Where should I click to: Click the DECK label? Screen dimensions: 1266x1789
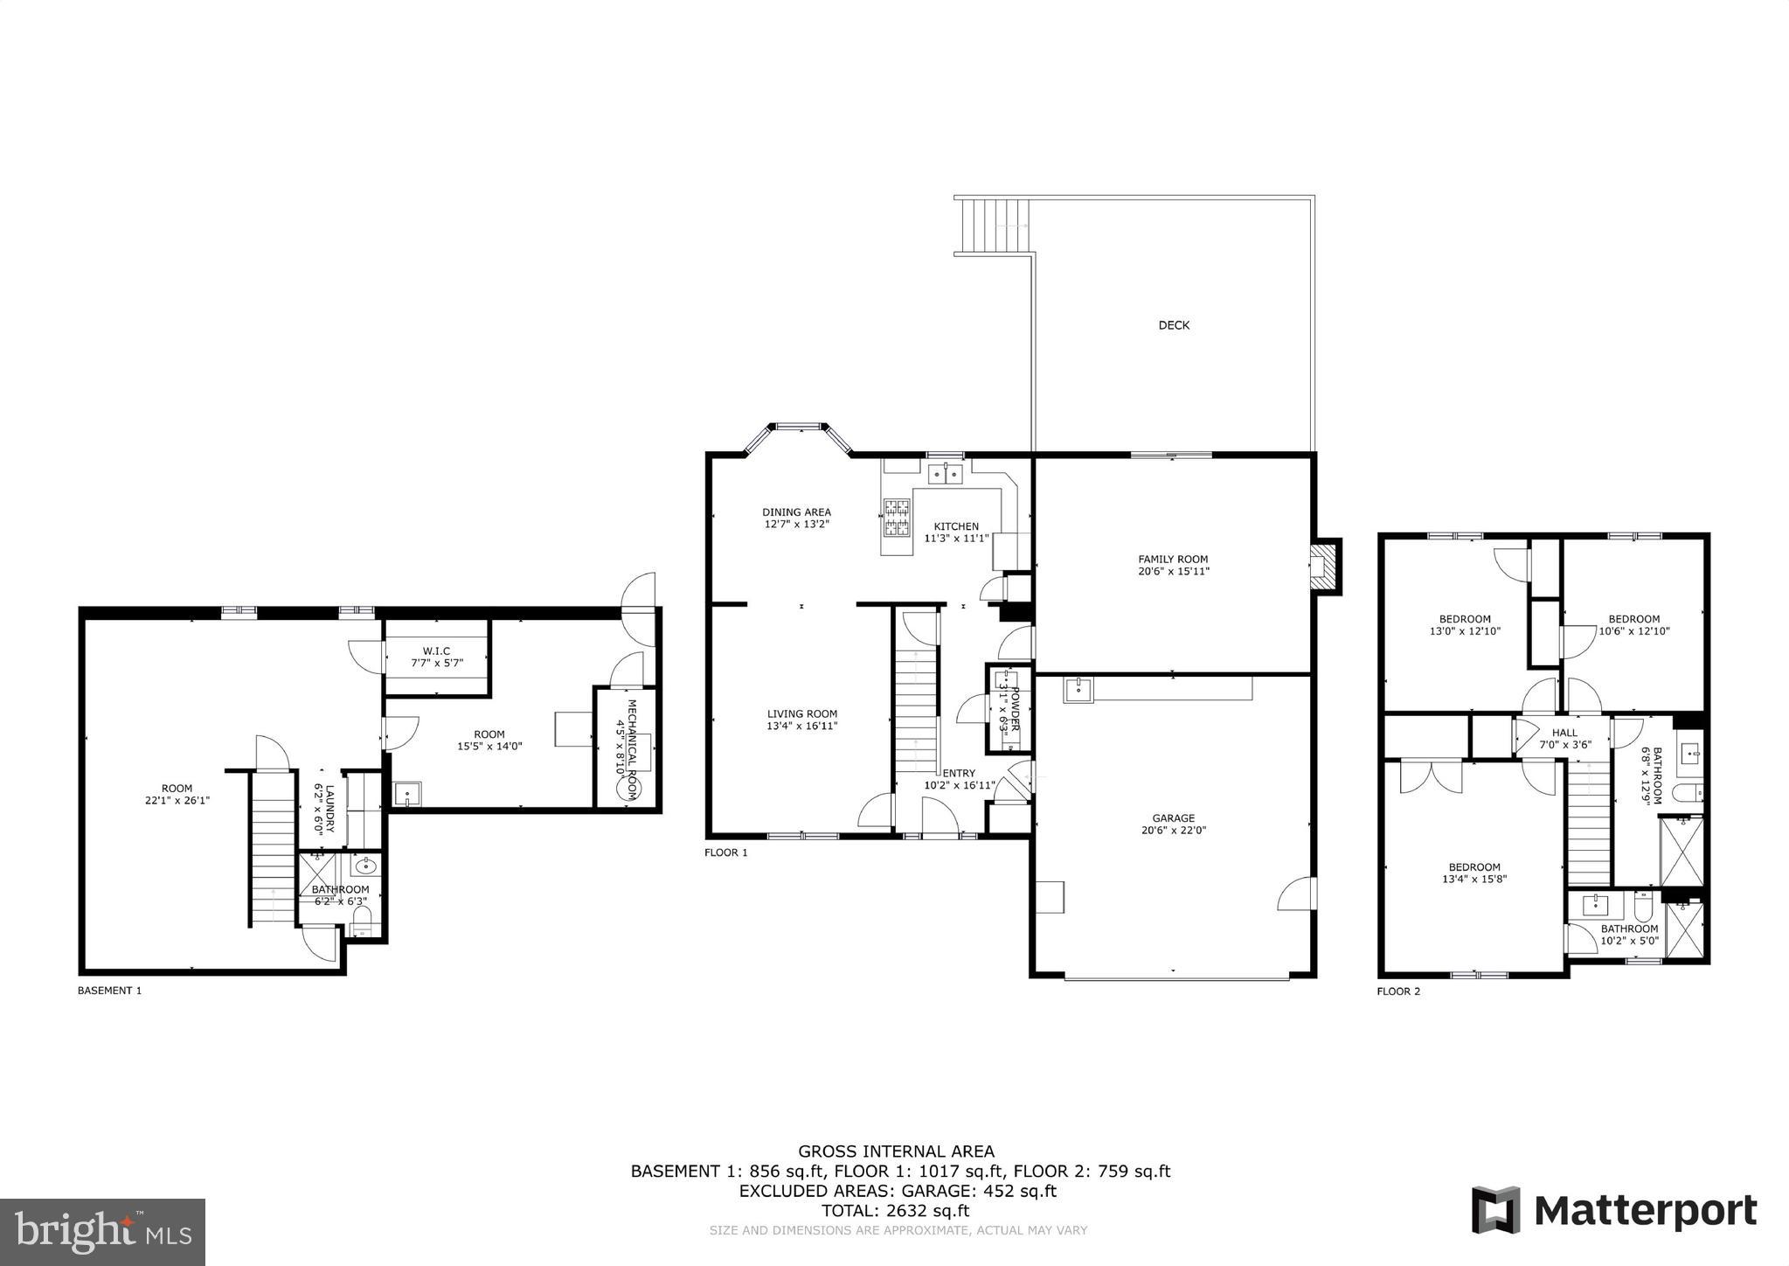(x=1174, y=325)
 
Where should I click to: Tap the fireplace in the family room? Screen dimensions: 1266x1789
(x=1325, y=567)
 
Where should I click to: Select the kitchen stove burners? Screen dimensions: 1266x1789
(x=897, y=517)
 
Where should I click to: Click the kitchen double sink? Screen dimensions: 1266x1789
(x=945, y=475)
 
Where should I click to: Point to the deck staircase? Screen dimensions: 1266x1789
(x=995, y=226)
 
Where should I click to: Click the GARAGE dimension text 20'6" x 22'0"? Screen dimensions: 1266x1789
(x=1173, y=831)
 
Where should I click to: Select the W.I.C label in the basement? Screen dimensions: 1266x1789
(x=436, y=650)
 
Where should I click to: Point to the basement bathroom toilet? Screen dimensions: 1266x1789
(x=361, y=921)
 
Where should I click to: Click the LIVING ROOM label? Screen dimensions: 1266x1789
(x=802, y=713)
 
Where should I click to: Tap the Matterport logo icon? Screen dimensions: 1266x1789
(x=1495, y=1210)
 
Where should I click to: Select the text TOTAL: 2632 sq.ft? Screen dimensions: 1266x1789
(x=895, y=1211)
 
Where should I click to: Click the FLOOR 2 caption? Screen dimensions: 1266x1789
(x=1398, y=991)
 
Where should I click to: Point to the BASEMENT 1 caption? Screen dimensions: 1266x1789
(x=109, y=991)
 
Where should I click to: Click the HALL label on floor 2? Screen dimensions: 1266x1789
(x=1564, y=733)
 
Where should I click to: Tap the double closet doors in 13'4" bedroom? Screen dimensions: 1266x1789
(x=1431, y=777)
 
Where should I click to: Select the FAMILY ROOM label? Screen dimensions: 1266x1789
(x=1173, y=560)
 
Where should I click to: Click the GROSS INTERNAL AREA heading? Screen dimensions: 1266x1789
(x=896, y=1151)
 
